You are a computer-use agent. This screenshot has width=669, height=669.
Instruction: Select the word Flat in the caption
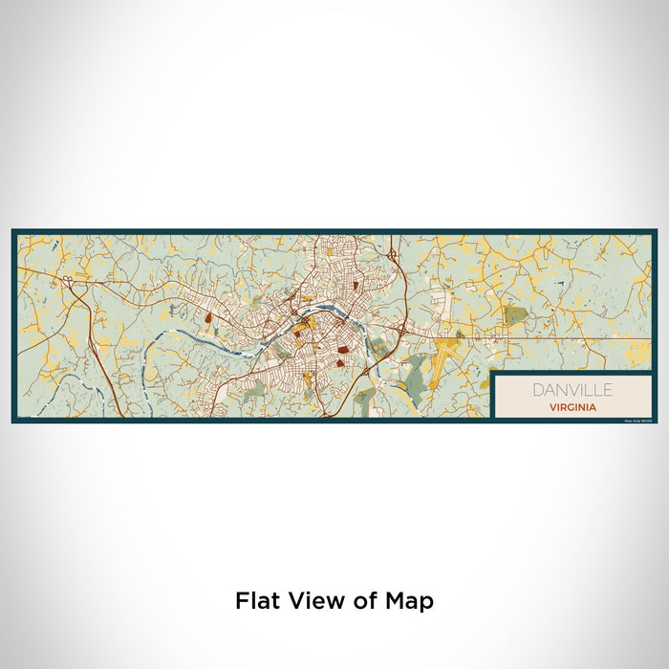coord(256,601)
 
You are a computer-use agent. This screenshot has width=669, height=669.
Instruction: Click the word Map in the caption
coord(411,601)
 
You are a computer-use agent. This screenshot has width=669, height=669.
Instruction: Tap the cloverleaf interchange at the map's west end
coord(68,281)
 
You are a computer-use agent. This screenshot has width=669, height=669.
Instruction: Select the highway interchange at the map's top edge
coord(393,254)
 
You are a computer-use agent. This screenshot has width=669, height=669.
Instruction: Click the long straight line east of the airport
coord(573,337)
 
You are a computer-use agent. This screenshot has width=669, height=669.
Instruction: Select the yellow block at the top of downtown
coord(333,253)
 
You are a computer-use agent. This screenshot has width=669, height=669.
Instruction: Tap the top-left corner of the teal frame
coord(13,230)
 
